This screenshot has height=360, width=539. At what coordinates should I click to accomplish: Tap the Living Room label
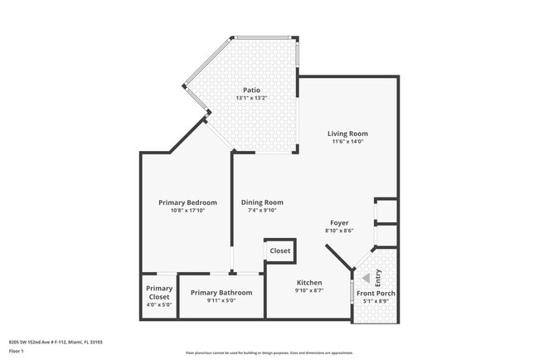(x=347, y=134)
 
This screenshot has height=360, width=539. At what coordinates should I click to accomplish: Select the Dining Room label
(x=262, y=202)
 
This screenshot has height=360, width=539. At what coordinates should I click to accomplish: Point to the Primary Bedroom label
(x=187, y=202)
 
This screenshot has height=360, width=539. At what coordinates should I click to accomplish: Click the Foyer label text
(x=339, y=222)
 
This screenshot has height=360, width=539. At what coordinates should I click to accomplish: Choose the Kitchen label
(x=308, y=283)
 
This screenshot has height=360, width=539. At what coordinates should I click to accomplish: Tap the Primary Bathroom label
(x=221, y=293)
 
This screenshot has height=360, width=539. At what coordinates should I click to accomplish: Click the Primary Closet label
(x=159, y=293)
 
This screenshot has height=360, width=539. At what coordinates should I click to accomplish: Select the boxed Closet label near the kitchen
(x=279, y=251)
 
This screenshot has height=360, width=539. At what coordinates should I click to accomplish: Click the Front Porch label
(x=376, y=293)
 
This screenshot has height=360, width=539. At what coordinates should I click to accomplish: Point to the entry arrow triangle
(x=366, y=278)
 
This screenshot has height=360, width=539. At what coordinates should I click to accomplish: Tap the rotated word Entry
(x=378, y=278)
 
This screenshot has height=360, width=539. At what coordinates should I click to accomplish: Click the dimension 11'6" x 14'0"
(x=347, y=142)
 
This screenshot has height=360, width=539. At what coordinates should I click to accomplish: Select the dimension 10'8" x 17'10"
(x=187, y=211)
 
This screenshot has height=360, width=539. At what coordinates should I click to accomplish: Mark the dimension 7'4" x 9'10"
(x=262, y=211)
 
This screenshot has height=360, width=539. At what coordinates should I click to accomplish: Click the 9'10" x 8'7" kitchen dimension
(x=308, y=291)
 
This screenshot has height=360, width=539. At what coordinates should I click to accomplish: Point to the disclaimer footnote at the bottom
(x=269, y=353)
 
